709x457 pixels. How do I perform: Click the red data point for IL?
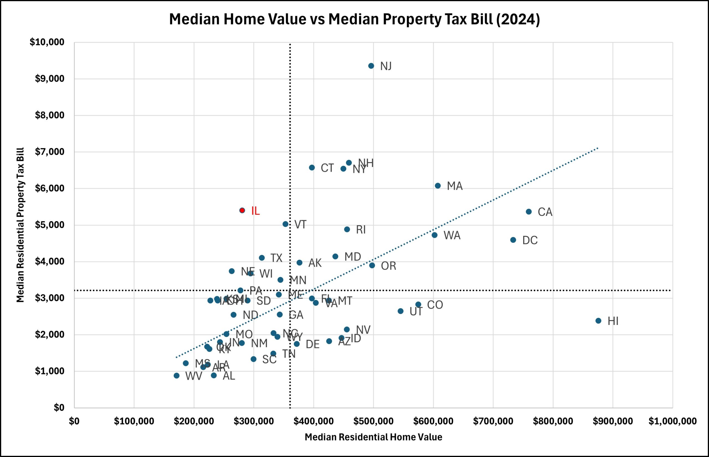[x=242, y=210]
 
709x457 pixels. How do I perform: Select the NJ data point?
[x=371, y=66]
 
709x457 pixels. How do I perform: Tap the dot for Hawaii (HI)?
[x=598, y=321]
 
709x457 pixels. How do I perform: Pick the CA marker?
[x=528, y=211]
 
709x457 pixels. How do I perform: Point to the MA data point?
[x=438, y=186]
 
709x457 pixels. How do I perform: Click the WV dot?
[x=176, y=376]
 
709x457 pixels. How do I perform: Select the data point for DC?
[x=513, y=240]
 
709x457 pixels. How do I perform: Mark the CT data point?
[x=312, y=168]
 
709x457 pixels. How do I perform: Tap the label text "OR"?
[x=388, y=266]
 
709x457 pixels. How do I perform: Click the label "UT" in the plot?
[x=416, y=312]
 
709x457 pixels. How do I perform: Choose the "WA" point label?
[x=452, y=236]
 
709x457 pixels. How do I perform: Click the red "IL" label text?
[x=255, y=211]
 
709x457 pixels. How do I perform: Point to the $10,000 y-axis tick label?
[x=47, y=42]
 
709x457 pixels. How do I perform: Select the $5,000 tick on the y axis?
[x=50, y=225]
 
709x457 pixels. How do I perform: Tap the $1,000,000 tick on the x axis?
[x=672, y=421]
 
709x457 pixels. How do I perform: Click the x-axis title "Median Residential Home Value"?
[x=373, y=437]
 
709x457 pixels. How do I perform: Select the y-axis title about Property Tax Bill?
[x=20, y=225]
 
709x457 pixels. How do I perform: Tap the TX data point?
[x=261, y=258]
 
